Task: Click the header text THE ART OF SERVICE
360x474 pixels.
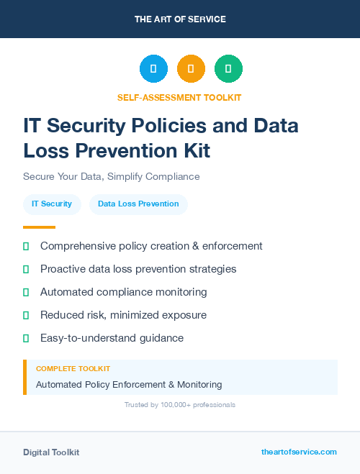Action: [180, 19]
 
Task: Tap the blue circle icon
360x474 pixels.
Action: [153, 69]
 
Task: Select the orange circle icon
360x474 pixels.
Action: [191, 69]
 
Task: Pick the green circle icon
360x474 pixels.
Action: [228, 69]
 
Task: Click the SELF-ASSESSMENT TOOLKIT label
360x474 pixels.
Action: [180, 97]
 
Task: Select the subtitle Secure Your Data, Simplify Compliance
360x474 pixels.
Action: [111, 176]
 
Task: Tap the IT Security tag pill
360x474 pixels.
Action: [52, 204]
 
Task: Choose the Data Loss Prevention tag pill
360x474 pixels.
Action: [138, 204]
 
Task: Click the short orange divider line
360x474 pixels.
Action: [39, 227]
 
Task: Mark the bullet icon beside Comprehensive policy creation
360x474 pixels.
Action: [26, 246]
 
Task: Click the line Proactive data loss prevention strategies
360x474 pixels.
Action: [138, 269]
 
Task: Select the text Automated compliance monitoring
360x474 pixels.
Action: [124, 292]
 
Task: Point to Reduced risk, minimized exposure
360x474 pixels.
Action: [123, 315]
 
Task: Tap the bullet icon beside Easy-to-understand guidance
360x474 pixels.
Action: [26, 338]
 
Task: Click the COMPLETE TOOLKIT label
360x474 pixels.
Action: [73, 368]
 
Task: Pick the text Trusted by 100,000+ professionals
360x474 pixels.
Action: [180, 405]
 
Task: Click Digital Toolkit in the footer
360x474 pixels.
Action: [51, 452]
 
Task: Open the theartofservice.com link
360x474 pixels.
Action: [299, 452]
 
